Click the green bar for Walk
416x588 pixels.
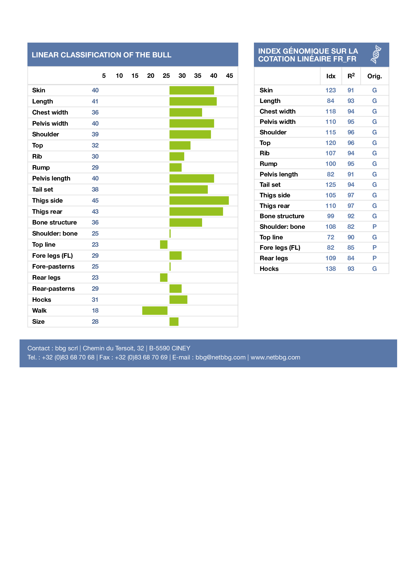click(x=155, y=311)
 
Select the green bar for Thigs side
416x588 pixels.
click(x=199, y=201)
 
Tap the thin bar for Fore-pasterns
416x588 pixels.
click(x=170, y=267)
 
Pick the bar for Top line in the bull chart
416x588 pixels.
click(x=164, y=245)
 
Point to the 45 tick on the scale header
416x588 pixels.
click(x=229, y=76)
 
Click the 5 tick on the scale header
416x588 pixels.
click(x=104, y=76)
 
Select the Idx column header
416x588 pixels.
click(x=331, y=76)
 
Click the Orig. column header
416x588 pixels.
click(x=374, y=76)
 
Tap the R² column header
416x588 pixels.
click(x=351, y=76)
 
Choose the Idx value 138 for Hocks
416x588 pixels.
click(x=330, y=269)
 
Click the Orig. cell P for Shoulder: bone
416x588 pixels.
click(x=374, y=227)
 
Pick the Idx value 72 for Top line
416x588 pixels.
click(x=330, y=237)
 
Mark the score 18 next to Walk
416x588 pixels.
click(x=95, y=311)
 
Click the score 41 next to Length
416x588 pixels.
click(x=95, y=101)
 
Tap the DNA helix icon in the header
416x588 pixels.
click(x=376, y=54)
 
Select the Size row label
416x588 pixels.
click(x=39, y=321)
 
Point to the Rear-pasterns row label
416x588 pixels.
click(x=54, y=289)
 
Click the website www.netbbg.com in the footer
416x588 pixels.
click(x=275, y=357)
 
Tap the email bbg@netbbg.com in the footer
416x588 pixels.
click(x=220, y=357)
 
